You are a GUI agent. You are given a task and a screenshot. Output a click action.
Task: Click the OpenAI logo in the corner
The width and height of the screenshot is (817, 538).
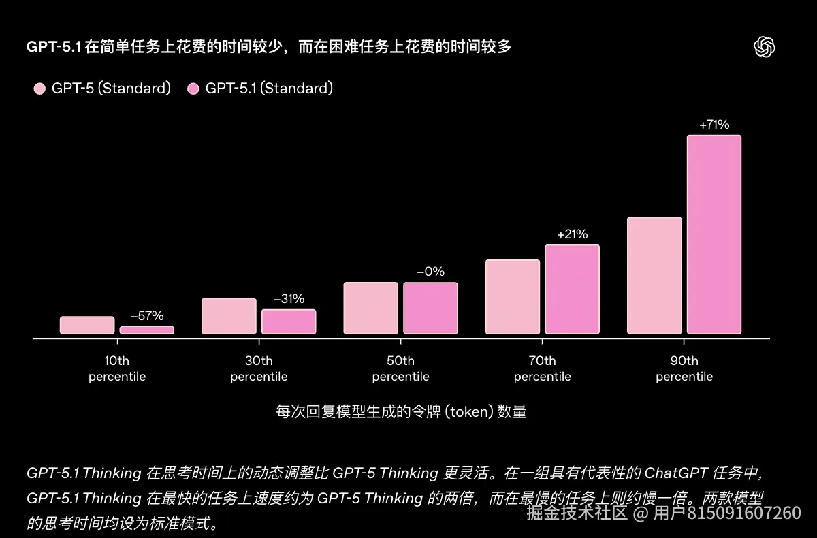765,46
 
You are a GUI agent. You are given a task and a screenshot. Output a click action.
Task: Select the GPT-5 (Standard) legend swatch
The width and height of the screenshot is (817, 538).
39,89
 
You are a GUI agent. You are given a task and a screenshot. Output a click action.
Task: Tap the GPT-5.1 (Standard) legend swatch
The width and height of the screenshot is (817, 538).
193,89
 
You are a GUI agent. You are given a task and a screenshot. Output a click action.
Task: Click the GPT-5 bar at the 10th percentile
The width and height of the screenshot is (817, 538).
87,325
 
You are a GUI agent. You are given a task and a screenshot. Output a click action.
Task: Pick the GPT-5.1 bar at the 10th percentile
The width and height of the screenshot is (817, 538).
147,330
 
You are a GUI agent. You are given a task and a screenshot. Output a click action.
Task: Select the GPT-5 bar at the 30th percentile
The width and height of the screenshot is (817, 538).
229,316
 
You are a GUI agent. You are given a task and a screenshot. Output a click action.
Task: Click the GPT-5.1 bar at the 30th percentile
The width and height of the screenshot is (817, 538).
289,321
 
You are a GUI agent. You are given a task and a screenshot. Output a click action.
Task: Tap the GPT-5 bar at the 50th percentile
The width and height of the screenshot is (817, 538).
370,308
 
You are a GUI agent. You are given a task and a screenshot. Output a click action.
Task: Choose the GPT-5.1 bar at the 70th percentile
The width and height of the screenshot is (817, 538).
572,289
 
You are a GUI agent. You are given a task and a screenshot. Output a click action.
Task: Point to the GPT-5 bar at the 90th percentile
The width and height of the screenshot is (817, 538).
654,276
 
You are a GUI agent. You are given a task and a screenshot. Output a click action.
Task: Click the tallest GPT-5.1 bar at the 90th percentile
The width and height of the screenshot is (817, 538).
714,234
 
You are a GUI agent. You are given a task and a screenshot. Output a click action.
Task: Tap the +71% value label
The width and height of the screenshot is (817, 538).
714,125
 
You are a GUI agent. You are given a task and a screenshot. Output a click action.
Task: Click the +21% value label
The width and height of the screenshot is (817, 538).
572,234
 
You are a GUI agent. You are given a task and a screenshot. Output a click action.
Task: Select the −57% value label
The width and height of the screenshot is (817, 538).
147,316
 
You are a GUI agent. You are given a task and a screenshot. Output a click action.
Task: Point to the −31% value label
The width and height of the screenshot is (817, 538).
289,299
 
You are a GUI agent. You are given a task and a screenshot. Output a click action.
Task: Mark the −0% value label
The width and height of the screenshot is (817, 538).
430,272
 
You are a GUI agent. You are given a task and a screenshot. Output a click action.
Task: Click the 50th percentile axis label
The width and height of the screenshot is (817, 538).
400,368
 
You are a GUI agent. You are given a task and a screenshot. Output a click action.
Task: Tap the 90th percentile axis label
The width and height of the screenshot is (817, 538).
684,368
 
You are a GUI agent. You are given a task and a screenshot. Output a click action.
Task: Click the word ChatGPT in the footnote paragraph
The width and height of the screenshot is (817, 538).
677,473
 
